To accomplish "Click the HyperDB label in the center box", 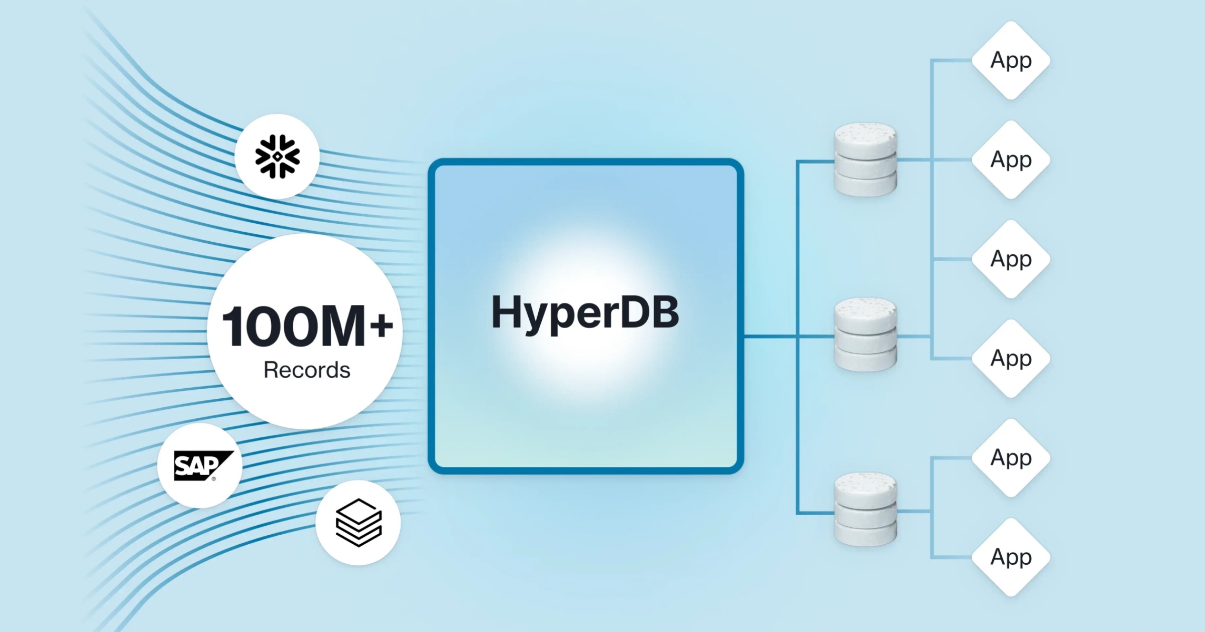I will pyautogui.click(x=585, y=312).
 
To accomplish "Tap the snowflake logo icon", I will pyautogui.click(x=277, y=156).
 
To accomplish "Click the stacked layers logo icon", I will pyautogui.click(x=358, y=523).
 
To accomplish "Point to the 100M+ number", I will pyautogui.click(x=306, y=327).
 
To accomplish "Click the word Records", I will pyautogui.click(x=307, y=370).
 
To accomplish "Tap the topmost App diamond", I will pyautogui.click(x=1011, y=60).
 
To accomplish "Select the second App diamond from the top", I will pyautogui.click(x=1011, y=160).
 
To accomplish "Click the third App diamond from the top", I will pyautogui.click(x=1011, y=259).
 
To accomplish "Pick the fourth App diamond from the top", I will pyautogui.click(x=1011, y=358).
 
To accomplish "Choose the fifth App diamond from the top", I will pyautogui.click(x=1011, y=457).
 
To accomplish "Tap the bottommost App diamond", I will pyautogui.click(x=1011, y=557).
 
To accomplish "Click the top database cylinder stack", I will pyautogui.click(x=865, y=160).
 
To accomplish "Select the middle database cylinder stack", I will pyautogui.click(x=865, y=335).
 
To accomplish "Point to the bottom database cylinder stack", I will pyautogui.click(x=865, y=509).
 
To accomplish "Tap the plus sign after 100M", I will pyautogui.click(x=382, y=326).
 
